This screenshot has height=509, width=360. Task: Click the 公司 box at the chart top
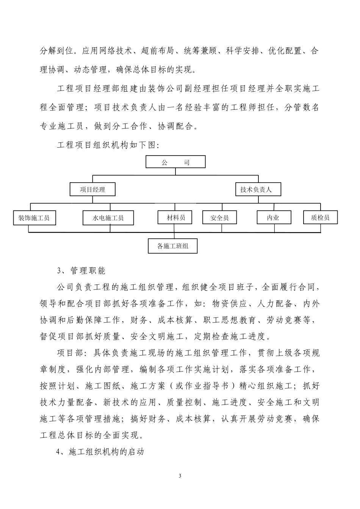(x=175, y=162)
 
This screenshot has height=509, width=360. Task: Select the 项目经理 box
(x=92, y=189)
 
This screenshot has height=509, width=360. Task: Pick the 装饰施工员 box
(x=34, y=218)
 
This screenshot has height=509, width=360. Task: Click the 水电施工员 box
(x=108, y=218)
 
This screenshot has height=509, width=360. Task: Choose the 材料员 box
(x=175, y=217)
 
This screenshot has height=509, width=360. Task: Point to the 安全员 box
(x=220, y=218)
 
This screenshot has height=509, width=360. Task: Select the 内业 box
(x=273, y=217)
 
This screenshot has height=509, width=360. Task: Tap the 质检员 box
(x=320, y=217)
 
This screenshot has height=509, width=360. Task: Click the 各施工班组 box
(x=172, y=246)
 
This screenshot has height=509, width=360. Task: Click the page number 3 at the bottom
(x=180, y=476)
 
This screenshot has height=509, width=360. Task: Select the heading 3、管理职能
(x=81, y=270)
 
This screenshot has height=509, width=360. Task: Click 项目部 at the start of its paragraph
(x=69, y=353)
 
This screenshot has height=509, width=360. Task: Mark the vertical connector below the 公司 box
(x=175, y=172)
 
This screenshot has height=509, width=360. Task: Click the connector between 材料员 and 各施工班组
(x=175, y=231)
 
